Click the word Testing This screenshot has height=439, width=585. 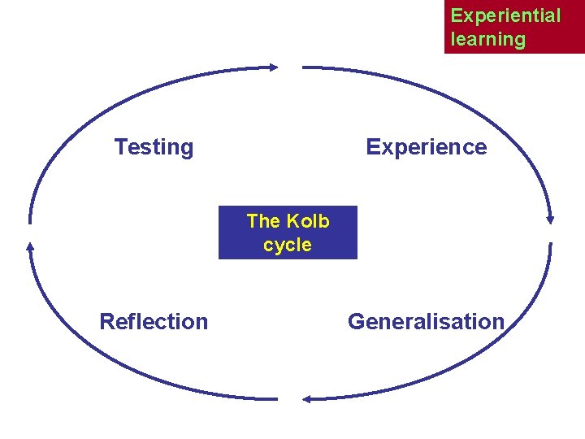[x=154, y=147]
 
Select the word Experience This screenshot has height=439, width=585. [x=426, y=147]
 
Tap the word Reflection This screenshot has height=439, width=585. [x=154, y=322]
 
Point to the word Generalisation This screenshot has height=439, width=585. [x=426, y=322]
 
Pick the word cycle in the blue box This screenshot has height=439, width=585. [x=288, y=245]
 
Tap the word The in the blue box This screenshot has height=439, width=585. [x=262, y=221]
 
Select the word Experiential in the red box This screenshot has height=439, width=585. [x=505, y=15]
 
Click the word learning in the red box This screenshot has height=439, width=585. [x=487, y=39]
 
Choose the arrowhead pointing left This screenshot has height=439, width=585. [x=307, y=398]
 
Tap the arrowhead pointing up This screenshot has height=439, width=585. [x=30, y=246]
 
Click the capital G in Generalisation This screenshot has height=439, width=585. [x=356, y=322]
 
